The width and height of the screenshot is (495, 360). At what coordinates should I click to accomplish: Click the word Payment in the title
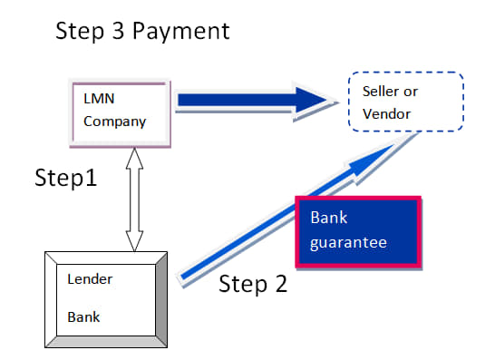point(181,32)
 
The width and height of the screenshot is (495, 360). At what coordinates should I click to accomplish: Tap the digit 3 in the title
point(119,31)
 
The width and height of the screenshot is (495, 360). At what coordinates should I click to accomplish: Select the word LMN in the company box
point(99,99)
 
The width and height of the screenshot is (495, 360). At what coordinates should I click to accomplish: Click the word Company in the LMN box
point(115,122)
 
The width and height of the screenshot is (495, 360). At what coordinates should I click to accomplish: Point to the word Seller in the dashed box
point(381,92)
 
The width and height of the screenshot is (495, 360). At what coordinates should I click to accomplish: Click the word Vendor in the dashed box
point(387,114)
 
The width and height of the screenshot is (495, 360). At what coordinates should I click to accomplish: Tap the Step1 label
point(65,178)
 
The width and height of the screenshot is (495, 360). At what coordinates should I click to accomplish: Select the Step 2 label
point(253,284)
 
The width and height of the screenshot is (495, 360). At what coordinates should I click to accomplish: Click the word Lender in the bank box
point(90,279)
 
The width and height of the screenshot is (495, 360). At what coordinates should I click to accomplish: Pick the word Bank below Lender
point(83,317)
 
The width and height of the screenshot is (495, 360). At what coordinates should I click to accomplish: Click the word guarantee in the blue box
point(348,243)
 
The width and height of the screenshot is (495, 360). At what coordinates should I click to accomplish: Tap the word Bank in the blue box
point(329,218)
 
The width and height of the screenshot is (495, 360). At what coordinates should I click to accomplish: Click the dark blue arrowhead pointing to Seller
point(312,100)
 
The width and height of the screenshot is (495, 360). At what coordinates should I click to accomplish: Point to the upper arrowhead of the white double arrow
point(134,159)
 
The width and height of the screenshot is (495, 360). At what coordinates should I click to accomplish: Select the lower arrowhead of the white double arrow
point(134,241)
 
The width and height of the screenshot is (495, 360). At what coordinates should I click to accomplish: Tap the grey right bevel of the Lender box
point(161,299)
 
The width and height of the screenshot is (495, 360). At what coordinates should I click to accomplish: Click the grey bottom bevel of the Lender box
point(106,342)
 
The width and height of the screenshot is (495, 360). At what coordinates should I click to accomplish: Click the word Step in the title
point(80,32)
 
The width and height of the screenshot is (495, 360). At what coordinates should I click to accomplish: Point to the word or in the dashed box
point(411,92)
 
